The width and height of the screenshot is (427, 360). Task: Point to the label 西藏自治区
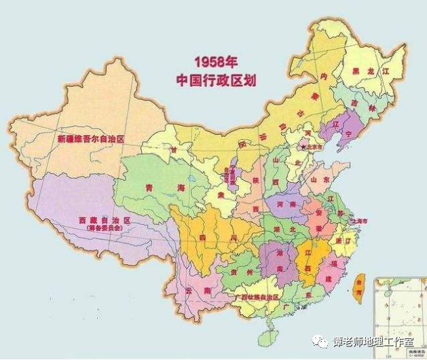point(103,221)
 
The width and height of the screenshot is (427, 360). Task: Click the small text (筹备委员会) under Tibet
point(102,229)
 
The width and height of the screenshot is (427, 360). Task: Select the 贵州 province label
point(240,271)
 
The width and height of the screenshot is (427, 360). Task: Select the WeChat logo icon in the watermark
point(318,342)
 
